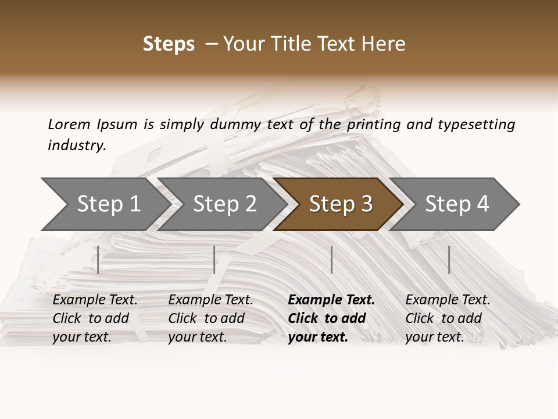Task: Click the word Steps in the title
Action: click(x=169, y=44)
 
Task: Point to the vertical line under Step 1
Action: click(x=98, y=260)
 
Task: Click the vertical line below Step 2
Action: click(x=214, y=260)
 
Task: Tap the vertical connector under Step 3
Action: click(x=331, y=260)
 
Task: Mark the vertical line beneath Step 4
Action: click(x=449, y=260)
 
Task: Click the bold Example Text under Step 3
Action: click(x=331, y=318)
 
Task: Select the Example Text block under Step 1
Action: click(x=95, y=318)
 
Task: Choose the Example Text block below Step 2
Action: click(x=210, y=318)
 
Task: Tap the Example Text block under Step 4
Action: click(x=448, y=318)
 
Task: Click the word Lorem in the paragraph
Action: click(x=69, y=124)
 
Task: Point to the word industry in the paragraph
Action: click(x=77, y=145)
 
